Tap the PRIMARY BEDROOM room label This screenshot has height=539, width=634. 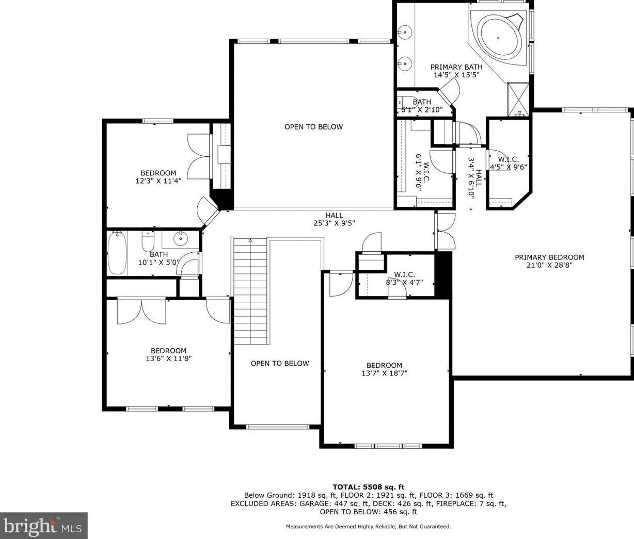(549, 257)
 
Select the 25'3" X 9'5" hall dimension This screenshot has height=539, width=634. (334, 223)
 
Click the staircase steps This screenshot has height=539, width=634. (250, 291)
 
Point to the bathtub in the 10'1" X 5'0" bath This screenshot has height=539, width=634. (117, 253)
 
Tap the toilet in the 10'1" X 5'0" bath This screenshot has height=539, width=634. (148, 241)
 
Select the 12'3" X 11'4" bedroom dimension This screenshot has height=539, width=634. (158, 181)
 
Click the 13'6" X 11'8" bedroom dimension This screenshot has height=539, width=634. (169, 358)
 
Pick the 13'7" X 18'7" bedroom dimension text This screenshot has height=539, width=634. (384, 373)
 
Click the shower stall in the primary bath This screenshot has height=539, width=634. (518, 99)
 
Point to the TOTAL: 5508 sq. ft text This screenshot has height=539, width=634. (369, 486)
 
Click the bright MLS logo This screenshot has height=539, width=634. (43, 526)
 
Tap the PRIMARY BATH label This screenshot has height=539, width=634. (456, 67)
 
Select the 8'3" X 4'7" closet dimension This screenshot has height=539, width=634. (404, 282)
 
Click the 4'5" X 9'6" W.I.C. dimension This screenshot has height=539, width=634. (508, 167)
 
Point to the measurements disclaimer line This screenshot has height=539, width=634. (369, 527)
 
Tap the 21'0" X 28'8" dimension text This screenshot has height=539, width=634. (549, 265)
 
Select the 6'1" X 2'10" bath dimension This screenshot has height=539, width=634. (422, 110)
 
